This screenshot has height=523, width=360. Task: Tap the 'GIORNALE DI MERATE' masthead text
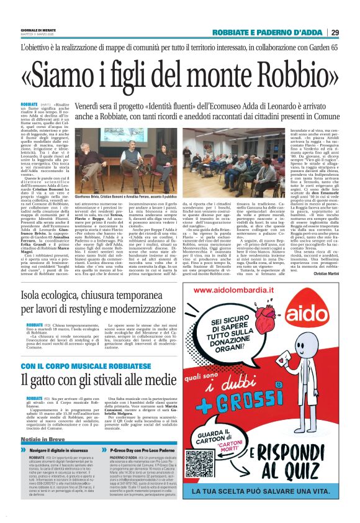pyautogui.click(x=38, y=30)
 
